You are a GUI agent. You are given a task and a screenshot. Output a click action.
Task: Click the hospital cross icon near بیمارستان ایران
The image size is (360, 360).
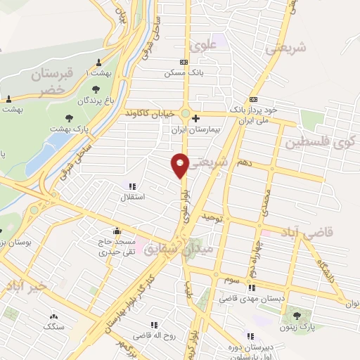[196, 118]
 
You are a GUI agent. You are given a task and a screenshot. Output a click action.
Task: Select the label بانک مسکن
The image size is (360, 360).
[178, 72]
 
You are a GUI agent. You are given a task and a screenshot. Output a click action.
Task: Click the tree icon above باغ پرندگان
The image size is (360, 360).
[96, 89]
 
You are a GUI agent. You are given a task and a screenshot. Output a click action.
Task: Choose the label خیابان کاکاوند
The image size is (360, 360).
[150, 113]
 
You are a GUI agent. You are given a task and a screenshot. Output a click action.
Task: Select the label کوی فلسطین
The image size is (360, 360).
[321, 143]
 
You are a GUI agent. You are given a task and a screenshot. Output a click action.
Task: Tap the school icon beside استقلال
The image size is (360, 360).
[131, 186]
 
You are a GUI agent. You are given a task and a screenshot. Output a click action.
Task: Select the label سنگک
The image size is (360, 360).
[53, 327]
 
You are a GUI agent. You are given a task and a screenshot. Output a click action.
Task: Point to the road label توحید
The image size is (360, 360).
[212, 219]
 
